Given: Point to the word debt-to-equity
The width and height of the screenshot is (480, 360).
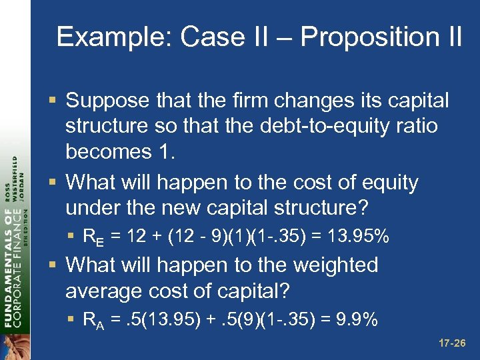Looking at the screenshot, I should coord(324,126).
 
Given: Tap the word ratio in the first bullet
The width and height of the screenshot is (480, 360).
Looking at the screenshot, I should coord(413,126).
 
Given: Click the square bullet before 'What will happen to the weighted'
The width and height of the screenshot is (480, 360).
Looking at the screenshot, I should coord(55,265).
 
